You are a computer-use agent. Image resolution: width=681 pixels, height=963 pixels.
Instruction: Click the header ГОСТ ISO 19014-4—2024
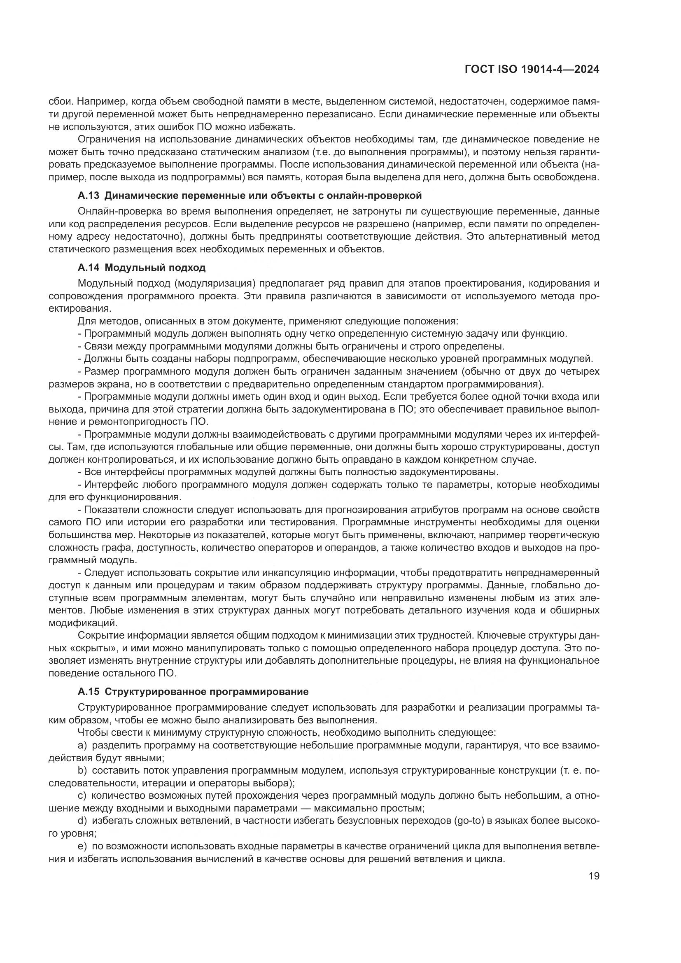[532, 70]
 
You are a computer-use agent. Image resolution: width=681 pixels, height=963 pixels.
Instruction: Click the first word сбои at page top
[60, 102]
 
